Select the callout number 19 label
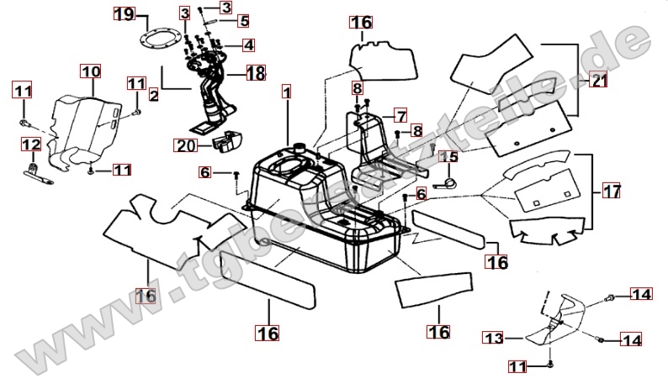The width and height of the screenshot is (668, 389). click(124, 14)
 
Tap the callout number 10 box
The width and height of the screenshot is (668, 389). click(91, 71)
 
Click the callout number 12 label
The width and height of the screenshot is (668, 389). click(30, 145)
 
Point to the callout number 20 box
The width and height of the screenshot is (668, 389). click(185, 145)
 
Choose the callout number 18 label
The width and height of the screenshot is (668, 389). click(255, 74)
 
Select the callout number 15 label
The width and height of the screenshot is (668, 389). click(448, 156)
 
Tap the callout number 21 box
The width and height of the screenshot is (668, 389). click(598, 81)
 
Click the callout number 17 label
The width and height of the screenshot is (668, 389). click(612, 191)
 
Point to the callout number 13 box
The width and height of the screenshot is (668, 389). click(492, 338)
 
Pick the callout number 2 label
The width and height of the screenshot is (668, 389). click(153, 96)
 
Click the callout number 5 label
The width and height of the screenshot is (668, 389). click(243, 20)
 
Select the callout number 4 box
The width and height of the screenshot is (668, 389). click(249, 45)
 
